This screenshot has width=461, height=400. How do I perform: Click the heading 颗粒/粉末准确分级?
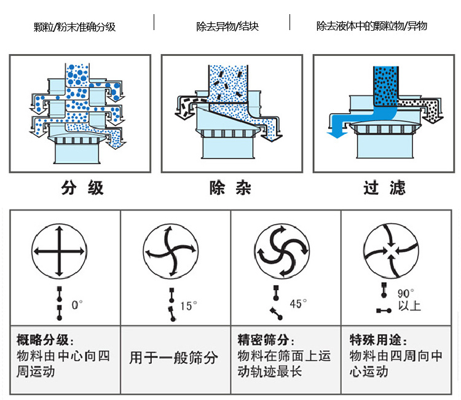(x=75, y=27)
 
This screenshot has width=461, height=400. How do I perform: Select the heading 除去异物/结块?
(x=227, y=27)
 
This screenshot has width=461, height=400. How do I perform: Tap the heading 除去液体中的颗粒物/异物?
(x=371, y=26)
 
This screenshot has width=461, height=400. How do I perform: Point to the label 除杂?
(x=230, y=188)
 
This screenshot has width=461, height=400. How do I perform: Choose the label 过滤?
(x=384, y=188)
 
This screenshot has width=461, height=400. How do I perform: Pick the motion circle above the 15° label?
(x=170, y=251)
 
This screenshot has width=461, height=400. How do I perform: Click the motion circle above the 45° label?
(x=281, y=251)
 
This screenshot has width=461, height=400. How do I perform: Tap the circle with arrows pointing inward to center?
(x=391, y=251)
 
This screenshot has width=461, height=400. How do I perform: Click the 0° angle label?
(x=77, y=304)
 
